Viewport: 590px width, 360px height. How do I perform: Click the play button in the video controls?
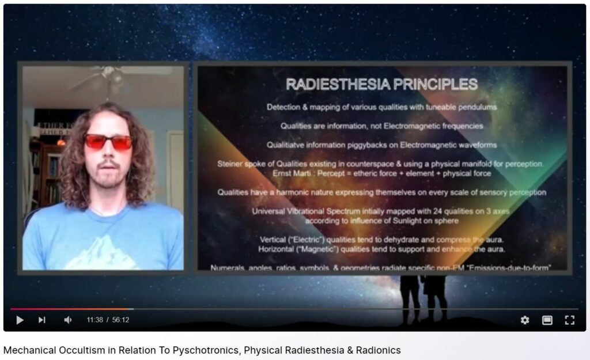point(20,320)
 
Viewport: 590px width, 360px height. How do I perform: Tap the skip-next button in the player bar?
point(42,320)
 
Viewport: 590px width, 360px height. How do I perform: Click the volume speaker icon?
point(67,320)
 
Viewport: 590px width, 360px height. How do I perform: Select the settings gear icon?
point(524,320)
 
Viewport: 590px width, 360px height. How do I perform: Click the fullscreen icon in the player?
point(569,320)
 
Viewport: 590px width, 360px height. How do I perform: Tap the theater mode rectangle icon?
point(547,320)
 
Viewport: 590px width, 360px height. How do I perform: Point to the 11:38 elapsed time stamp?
point(95,320)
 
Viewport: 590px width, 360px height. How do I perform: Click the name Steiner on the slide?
point(230,164)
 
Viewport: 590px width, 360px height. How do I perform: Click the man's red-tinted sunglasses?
point(108,142)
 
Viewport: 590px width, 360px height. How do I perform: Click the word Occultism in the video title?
point(78,350)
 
